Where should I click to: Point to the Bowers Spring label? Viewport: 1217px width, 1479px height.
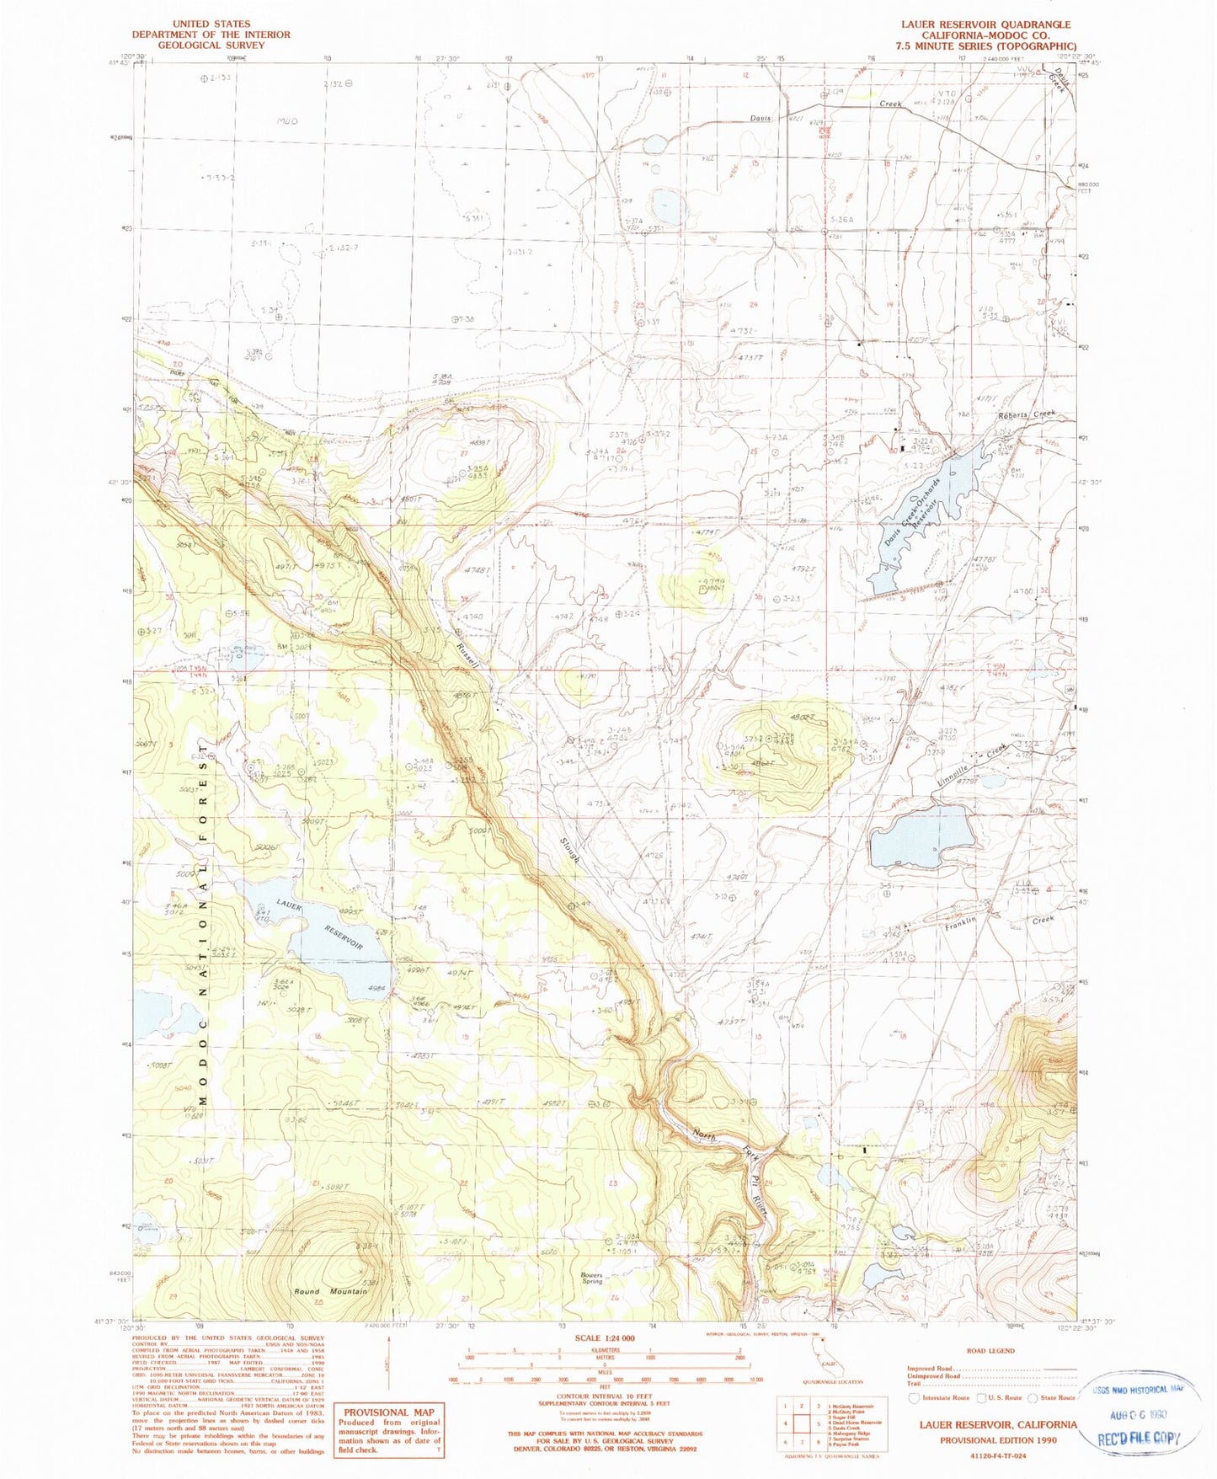[592, 1278]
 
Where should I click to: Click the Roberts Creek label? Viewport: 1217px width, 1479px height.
[1025, 414]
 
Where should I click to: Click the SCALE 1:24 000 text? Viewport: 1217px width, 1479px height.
[605, 1338]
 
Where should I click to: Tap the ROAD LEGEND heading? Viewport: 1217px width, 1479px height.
[990, 1351]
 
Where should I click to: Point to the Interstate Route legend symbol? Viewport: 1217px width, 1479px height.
[914, 1397]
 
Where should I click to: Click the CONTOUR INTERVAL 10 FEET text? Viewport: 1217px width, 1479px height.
[605, 1396]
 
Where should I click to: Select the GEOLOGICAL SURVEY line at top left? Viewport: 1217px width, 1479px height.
[210, 45]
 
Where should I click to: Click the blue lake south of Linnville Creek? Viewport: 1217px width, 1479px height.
[920, 837]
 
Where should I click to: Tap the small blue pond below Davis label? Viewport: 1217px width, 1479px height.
[670, 203]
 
